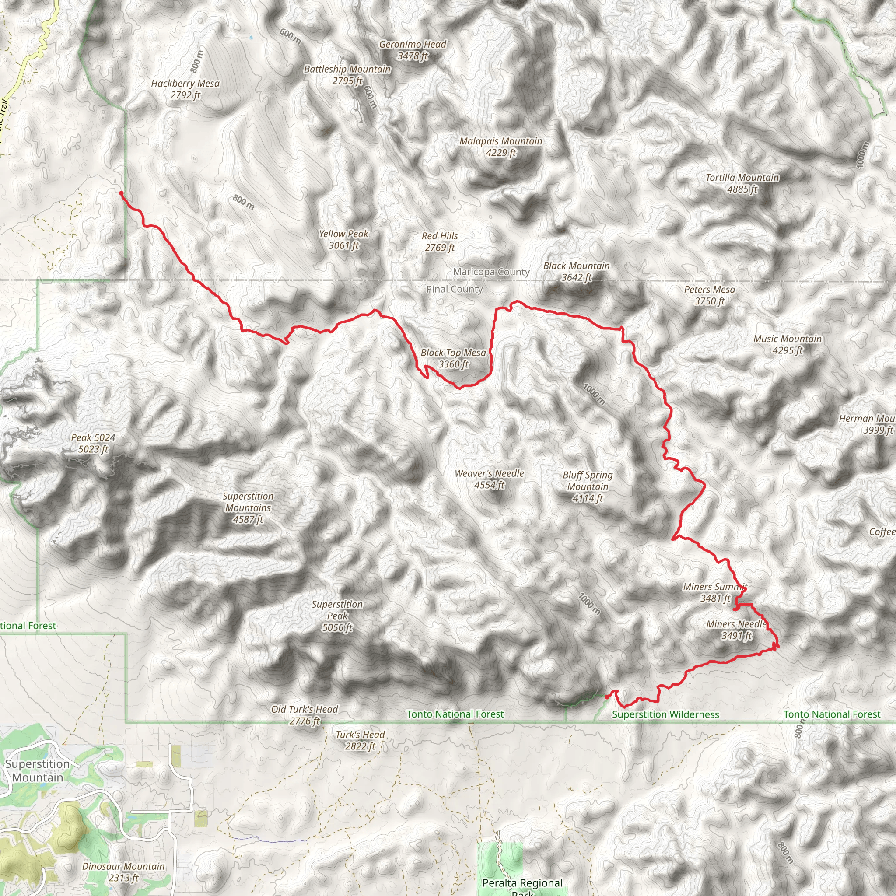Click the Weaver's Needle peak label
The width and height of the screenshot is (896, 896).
click(489, 479)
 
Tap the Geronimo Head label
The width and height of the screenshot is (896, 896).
click(412, 50)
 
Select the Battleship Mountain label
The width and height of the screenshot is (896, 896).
click(347, 75)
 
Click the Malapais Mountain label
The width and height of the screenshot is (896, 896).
click(501, 147)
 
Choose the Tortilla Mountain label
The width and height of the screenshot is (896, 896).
click(742, 183)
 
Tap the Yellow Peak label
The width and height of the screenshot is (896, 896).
click(343, 240)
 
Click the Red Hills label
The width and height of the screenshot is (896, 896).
click(440, 241)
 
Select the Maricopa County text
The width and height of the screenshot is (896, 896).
click(491, 272)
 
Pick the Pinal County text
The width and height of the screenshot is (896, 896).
click(455, 289)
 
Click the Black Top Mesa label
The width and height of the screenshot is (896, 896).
click(453, 358)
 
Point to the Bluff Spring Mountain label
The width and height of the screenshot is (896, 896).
click(588, 486)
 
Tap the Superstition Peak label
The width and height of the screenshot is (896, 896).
click(337, 616)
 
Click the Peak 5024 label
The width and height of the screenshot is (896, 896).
click(93, 443)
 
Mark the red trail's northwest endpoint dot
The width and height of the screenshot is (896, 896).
click(121, 193)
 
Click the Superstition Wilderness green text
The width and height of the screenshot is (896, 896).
click(665, 715)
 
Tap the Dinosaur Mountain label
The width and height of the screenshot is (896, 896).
click(123, 872)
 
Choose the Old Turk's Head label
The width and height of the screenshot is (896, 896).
click(304, 715)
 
